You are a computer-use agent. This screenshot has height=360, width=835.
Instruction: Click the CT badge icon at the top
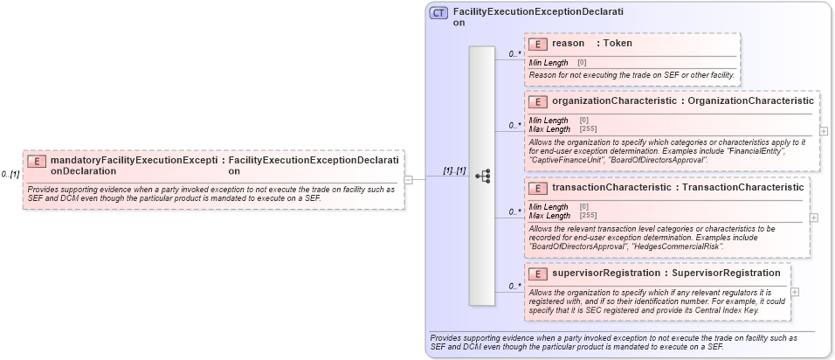point(439,14)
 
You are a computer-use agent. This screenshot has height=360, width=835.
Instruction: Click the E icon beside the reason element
point(539,44)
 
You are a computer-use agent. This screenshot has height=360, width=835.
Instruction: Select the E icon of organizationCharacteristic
point(539,101)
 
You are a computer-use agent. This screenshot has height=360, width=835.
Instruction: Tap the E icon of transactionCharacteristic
point(539,187)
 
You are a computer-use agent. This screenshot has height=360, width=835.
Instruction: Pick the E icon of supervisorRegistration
point(539,273)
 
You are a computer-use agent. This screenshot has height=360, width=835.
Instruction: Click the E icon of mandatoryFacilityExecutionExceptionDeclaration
point(37,161)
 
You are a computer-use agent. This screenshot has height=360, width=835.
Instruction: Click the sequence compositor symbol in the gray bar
point(482,177)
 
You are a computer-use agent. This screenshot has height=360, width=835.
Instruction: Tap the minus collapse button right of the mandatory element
point(408,179)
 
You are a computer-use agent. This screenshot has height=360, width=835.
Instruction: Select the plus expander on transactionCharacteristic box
point(814,217)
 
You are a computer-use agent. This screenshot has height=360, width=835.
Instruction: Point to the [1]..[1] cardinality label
point(454,170)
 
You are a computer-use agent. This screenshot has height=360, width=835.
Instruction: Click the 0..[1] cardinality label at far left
point(10,175)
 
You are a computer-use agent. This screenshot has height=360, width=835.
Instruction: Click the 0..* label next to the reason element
point(515,54)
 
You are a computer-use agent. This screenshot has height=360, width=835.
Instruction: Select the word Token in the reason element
point(618,43)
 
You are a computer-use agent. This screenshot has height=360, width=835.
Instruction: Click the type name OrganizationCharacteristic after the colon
point(750,101)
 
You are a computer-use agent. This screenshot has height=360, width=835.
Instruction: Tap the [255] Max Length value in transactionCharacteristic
point(588,215)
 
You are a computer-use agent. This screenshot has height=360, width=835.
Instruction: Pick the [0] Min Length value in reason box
point(582,63)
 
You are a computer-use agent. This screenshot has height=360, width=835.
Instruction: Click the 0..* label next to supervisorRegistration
point(515,286)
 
